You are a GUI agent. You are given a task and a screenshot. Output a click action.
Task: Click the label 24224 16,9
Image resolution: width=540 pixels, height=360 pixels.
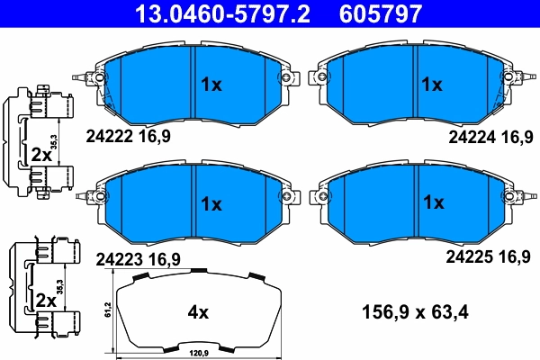point(490,137)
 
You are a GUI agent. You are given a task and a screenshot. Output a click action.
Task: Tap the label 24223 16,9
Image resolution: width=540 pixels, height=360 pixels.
point(138,258)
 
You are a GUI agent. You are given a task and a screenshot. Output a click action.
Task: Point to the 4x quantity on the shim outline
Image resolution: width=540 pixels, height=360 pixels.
point(197,313)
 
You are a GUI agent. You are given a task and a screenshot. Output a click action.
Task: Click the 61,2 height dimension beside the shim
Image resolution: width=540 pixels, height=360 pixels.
point(107,310)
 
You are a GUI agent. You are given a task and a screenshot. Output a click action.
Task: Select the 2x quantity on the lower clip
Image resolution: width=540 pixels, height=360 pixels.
point(42,299)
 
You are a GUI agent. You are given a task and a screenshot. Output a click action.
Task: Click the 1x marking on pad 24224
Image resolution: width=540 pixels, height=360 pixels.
point(433,85)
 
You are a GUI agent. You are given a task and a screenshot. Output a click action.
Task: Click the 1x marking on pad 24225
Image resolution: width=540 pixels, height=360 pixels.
point(433,202)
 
